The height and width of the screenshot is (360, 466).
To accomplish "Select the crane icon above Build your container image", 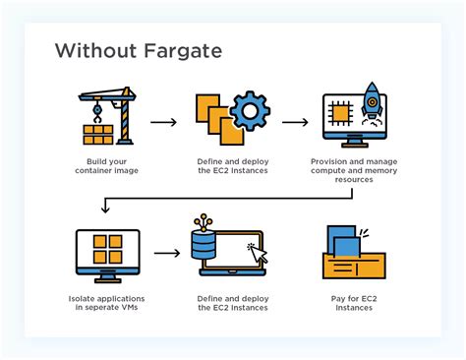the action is tap(106, 116).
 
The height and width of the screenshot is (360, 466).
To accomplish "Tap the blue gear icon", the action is tap(250, 112).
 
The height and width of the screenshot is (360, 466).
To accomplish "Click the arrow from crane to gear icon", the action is tap(163, 123).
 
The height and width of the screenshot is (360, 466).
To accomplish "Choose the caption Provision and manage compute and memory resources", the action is tap(355, 171).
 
